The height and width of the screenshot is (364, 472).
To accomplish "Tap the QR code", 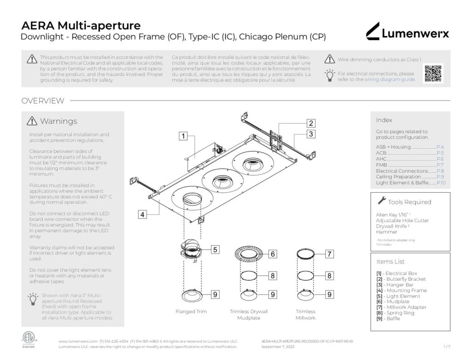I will (433, 73).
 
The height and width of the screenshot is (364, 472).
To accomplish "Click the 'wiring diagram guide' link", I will (389, 79).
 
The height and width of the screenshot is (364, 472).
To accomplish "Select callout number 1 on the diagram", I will (183, 136).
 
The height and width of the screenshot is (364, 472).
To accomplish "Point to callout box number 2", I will (311, 123).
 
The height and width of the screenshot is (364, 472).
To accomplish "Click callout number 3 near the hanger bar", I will (311, 134).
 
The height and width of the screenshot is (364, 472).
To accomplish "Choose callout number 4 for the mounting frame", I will (142, 214).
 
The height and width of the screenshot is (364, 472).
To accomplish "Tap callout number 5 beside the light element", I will (215, 249).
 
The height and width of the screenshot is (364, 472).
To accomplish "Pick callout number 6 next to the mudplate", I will (272, 254).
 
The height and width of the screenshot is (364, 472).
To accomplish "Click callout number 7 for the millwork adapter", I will (329, 254).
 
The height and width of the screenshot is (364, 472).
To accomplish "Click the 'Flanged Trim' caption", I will (191, 312).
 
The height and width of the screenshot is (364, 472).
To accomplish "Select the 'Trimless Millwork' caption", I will (305, 315).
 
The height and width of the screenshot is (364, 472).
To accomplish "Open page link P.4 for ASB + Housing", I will (440, 147).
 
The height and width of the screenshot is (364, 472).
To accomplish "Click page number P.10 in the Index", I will (441, 183).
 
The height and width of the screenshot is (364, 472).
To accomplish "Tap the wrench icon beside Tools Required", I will (382, 201).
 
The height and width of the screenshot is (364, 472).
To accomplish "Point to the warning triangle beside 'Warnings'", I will (32, 121).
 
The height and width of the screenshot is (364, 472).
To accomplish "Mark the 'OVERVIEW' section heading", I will (43, 101).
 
